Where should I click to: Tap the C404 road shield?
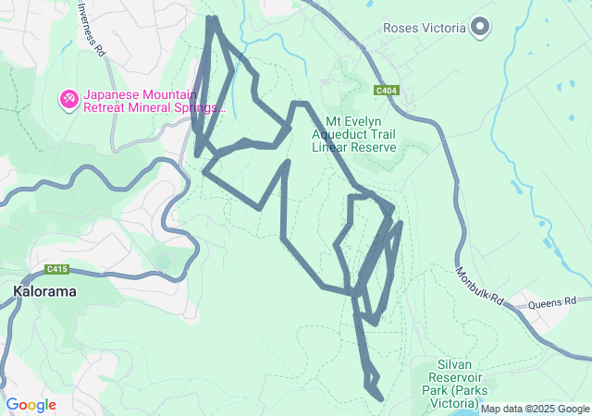tap(387, 91)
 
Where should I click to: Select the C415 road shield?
tap(58, 270)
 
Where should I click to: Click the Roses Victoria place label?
tap(425, 28)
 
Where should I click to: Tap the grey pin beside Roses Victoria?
tap(480, 28)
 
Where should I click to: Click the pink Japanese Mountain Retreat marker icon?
tap(68, 98)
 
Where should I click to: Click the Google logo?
tap(31, 405)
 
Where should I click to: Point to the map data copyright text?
tap(535, 409)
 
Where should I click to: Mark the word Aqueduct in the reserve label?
tap(352, 134)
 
